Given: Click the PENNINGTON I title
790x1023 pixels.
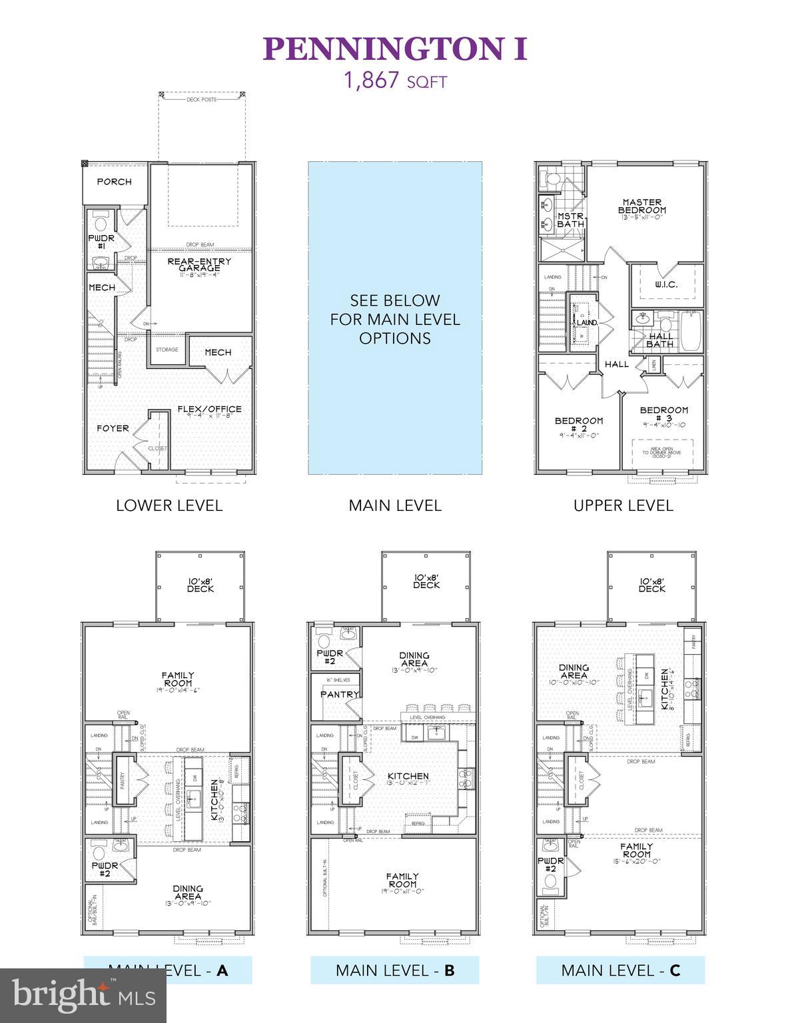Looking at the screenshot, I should click(x=395, y=49).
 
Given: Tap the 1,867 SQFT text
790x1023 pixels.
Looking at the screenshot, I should click(x=395, y=81).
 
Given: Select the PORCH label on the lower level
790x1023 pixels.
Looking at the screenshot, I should click(x=114, y=181).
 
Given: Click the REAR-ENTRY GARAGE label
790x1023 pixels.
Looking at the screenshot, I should click(x=199, y=265).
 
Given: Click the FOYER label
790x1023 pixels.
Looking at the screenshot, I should click(x=113, y=428).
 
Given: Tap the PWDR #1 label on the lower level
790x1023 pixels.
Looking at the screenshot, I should click(x=101, y=242).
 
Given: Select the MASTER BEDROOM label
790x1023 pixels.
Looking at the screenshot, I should click(x=641, y=206).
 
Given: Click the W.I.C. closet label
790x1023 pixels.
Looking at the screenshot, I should click(x=666, y=284).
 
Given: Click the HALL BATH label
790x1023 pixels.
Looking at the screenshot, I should click(x=660, y=340).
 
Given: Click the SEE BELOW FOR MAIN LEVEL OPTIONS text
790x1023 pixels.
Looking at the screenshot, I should click(x=395, y=319).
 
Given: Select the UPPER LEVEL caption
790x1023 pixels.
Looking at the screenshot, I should click(x=623, y=506).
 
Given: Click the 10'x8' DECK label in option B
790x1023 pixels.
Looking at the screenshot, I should click(x=426, y=581).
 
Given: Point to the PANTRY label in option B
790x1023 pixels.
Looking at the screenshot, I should click(x=339, y=694).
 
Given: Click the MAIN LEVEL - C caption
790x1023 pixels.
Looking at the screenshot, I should click(x=620, y=970).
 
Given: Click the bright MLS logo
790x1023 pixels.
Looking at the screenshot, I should click(x=83, y=995).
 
